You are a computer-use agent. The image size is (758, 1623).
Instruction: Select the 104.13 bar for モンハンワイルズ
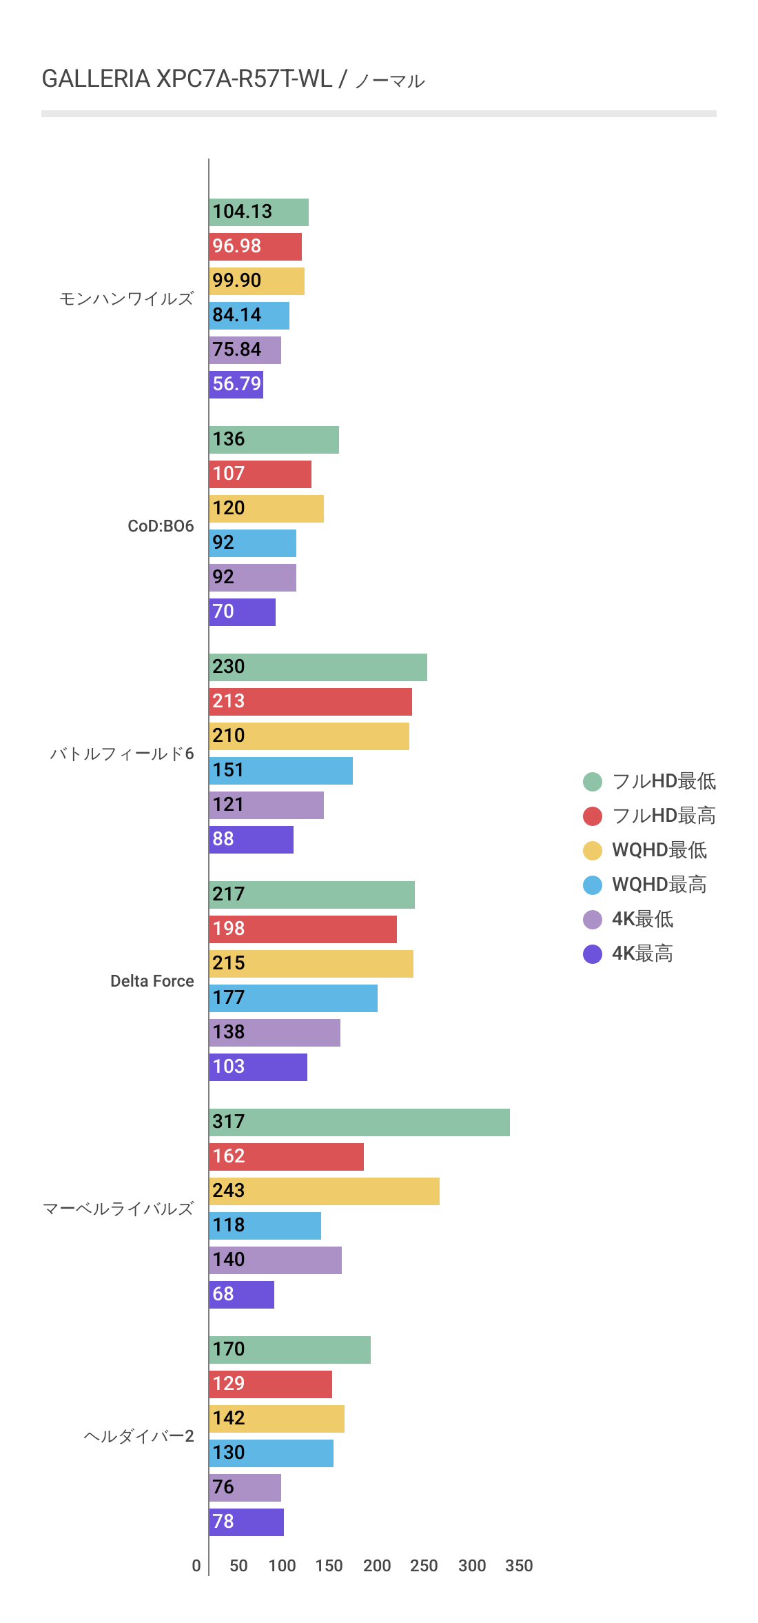[x=258, y=212]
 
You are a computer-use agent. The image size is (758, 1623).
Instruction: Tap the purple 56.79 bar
[x=236, y=385]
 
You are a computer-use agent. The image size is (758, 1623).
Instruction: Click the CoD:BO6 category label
[x=161, y=526]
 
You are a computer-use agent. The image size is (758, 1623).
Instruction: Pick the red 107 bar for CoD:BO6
[x=260, y=474]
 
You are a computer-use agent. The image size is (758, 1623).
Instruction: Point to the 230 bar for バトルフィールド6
[x=318, y=667]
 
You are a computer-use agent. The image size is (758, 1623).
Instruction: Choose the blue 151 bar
[x=280, y=771]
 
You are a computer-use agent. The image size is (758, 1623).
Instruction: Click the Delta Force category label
[x=152, y=981]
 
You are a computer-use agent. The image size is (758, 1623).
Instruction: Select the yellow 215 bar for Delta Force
[x=311, y=964]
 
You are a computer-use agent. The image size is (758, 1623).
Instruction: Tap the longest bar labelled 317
[x=359, y=1122]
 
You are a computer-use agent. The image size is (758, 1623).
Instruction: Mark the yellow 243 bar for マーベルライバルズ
[x=324, y=1191]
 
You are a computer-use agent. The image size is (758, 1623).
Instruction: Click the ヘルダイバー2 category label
[x=139, y=1436]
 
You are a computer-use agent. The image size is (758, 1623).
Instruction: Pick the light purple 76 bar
[x=245, y=1488]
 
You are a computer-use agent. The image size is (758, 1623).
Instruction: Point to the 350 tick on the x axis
[x=519, y=1566]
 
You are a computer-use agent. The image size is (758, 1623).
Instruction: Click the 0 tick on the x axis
[x=196, y=1566]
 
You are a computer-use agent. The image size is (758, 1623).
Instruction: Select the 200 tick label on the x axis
[x=377, y=1566]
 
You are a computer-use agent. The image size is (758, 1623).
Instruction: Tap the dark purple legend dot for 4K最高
[x=593, y=954]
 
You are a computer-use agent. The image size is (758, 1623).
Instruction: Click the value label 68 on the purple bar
[x=223, y=1294]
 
